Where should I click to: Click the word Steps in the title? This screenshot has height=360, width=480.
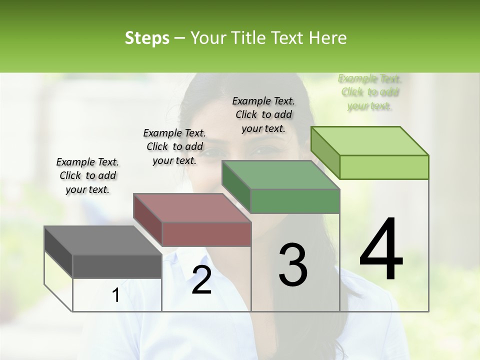click(x=147, y=38)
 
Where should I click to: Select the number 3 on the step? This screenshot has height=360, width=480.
click(x=292, y=265)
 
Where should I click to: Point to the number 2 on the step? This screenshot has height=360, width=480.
click(x=201, y=280)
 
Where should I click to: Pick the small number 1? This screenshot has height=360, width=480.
click(x=116, y=295)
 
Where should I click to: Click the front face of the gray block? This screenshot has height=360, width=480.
click(x=117, y=266)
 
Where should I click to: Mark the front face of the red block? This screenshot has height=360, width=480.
click(x=206, y=234)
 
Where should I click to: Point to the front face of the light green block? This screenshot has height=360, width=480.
click(x=384, y=167)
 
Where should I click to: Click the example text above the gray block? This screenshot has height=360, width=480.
click(x=87, y=175)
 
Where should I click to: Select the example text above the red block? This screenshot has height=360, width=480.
click(x=174, y=146)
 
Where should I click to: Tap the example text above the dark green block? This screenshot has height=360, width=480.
click(x=263, y=114)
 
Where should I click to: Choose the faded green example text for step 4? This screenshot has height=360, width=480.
click(x=370, y=92)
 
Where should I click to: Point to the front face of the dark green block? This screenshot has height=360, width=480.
click(x=295, y=201)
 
